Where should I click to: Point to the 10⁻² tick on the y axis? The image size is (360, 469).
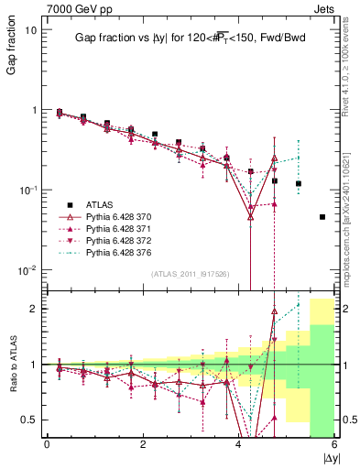tap(27, 270)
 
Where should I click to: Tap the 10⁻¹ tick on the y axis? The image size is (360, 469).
tap(27, 190)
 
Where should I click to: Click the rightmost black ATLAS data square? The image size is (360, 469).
tap(322, 217)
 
